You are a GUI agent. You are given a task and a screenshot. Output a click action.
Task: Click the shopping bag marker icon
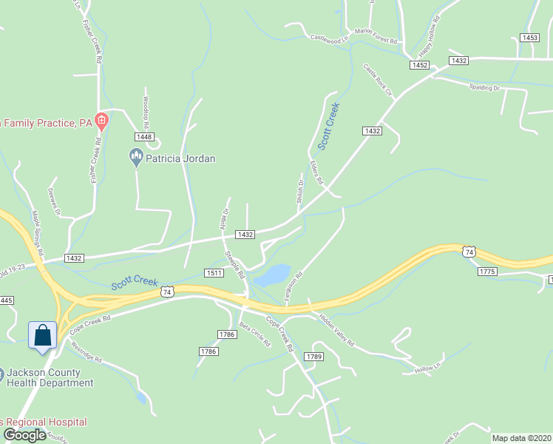coord(43,334)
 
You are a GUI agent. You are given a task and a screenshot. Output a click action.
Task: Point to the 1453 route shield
coord(529,37)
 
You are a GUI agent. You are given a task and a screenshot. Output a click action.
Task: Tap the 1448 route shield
coord(144,137)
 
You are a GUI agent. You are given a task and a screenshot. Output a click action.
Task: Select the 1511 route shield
coord(215,273)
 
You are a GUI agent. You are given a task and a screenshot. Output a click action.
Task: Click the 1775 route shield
coord(486,272)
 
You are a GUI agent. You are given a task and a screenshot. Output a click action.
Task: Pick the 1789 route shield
coord(314,357)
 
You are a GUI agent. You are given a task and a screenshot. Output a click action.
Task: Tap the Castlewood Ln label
coord(329,38)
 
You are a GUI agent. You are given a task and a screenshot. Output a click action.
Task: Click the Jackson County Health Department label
coord(50,377)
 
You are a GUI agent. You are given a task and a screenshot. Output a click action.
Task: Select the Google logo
coord(24,435)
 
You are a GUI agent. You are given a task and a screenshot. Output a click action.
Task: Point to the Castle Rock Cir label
coord(376,80)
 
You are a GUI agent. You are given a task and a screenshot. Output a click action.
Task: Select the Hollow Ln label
coord(427,367)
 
